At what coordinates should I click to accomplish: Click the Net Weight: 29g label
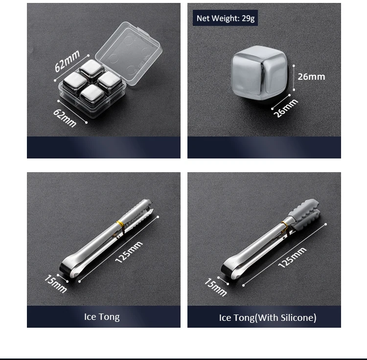click(x=225, y=19)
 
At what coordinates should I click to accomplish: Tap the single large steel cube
click(x=260, y=72)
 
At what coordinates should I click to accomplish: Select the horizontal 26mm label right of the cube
click(x=312, y=76)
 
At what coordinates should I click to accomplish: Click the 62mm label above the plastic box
click(x=67, y=61)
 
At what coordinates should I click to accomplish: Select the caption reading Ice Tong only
click(x=102, y=317)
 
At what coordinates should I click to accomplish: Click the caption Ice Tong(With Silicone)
click(x=268, y=318)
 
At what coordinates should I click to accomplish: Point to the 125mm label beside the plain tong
click(x=129, y=252)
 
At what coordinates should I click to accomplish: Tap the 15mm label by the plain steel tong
click(x=55, y=284)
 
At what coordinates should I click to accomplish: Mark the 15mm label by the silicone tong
click(x=215, y=287)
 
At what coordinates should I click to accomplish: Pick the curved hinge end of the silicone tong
click(x=230, y=270)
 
